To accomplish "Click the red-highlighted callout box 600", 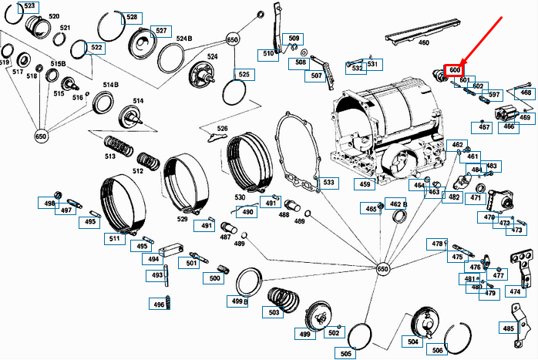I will (454, 71).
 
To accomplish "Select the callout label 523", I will (29, 6).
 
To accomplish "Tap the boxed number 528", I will (132, 17).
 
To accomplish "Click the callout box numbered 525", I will (244, 75).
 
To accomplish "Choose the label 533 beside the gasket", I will (328, 183).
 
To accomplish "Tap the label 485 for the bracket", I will (508, 328).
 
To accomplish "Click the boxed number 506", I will (437, 350).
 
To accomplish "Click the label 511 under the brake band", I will (116, 239).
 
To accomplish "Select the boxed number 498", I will (49, 204).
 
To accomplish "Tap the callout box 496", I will (159, 304).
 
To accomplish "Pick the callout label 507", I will (317, 76).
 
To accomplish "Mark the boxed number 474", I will (514, 292).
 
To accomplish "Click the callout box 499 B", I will (239, 301).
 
